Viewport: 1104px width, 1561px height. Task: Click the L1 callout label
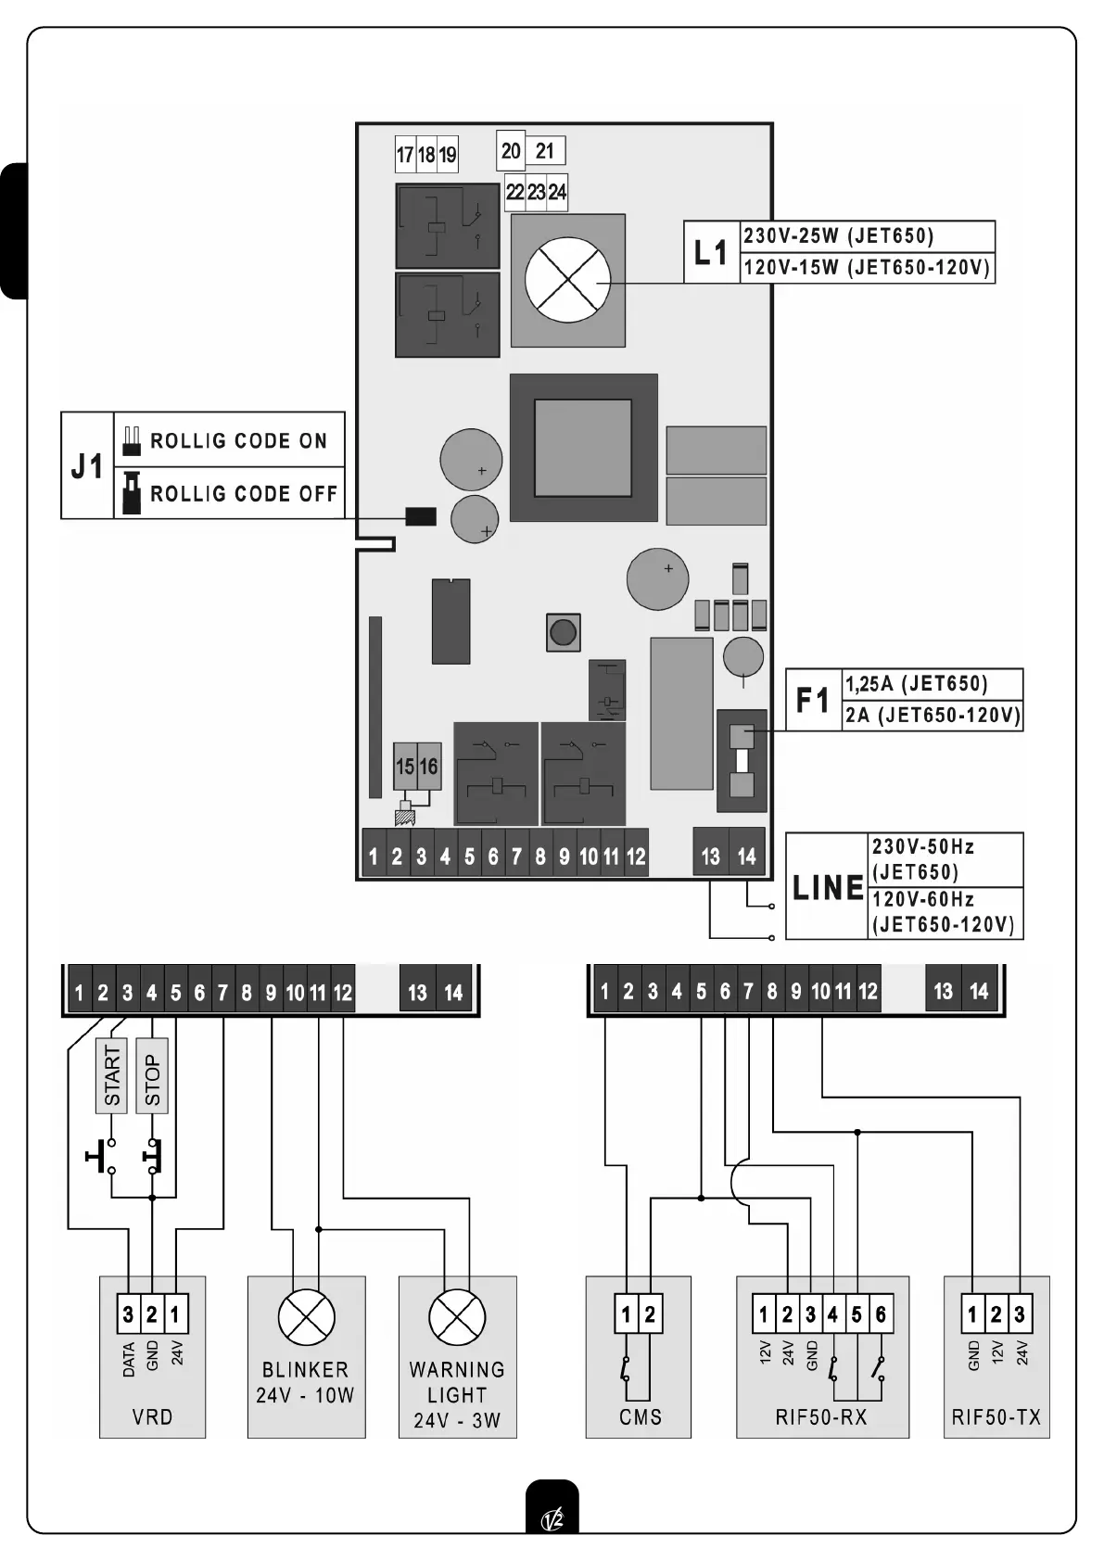coord(711,252)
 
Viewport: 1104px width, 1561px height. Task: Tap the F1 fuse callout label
coord(813,700)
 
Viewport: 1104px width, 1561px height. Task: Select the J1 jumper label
coord(87,466)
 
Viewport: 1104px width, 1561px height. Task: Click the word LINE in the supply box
coord(827,887)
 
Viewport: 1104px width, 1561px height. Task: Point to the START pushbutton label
coord(112,1075)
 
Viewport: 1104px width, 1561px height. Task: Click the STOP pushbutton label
coord(152,1075)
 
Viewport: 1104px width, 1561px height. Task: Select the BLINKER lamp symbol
coord(306,1317)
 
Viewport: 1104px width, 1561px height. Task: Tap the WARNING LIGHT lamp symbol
coord(457,1317)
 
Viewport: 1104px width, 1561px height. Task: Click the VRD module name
coord(152,1416)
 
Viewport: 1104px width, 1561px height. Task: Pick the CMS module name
coord(640,1416)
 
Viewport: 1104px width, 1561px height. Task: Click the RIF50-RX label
coord(821,1416)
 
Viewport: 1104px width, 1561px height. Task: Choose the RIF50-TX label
coord(996,1416)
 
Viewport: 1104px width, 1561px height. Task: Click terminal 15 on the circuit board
coord(405,767)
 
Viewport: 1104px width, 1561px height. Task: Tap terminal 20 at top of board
coord(511,151)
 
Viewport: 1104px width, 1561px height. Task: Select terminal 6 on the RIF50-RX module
coord(881,1314)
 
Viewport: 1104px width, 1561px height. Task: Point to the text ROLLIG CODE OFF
coord(244,493)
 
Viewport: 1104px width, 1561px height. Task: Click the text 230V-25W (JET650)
coord(838,236)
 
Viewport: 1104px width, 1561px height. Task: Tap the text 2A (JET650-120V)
coord(932,716)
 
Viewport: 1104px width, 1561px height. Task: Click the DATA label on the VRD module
coord(129,1359)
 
